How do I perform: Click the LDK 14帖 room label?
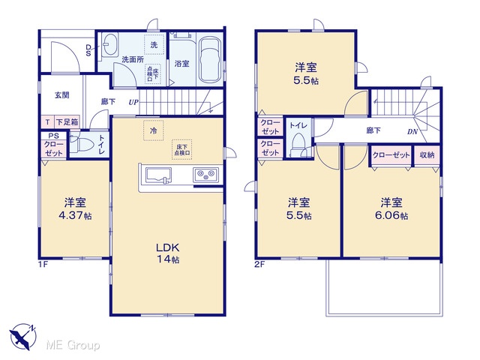point(168,253)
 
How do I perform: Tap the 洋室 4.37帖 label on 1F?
point(75,208)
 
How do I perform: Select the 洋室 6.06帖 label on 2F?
point(391,208)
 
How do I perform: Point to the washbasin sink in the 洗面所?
point(109,45)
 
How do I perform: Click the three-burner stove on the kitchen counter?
point(205,175)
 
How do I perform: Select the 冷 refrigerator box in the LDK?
point(153,130)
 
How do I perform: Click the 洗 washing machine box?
point(154,45)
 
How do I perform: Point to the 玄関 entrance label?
point(61,95)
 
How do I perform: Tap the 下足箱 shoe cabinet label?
point(67,122)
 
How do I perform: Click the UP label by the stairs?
point(133,102)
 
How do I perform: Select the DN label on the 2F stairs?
point(412,132)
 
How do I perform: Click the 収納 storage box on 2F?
point(427,155)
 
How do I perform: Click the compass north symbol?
point(23,336)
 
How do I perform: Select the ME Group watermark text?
point(73,345)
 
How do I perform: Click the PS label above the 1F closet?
point(53,136)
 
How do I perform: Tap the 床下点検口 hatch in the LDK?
point(182,149)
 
